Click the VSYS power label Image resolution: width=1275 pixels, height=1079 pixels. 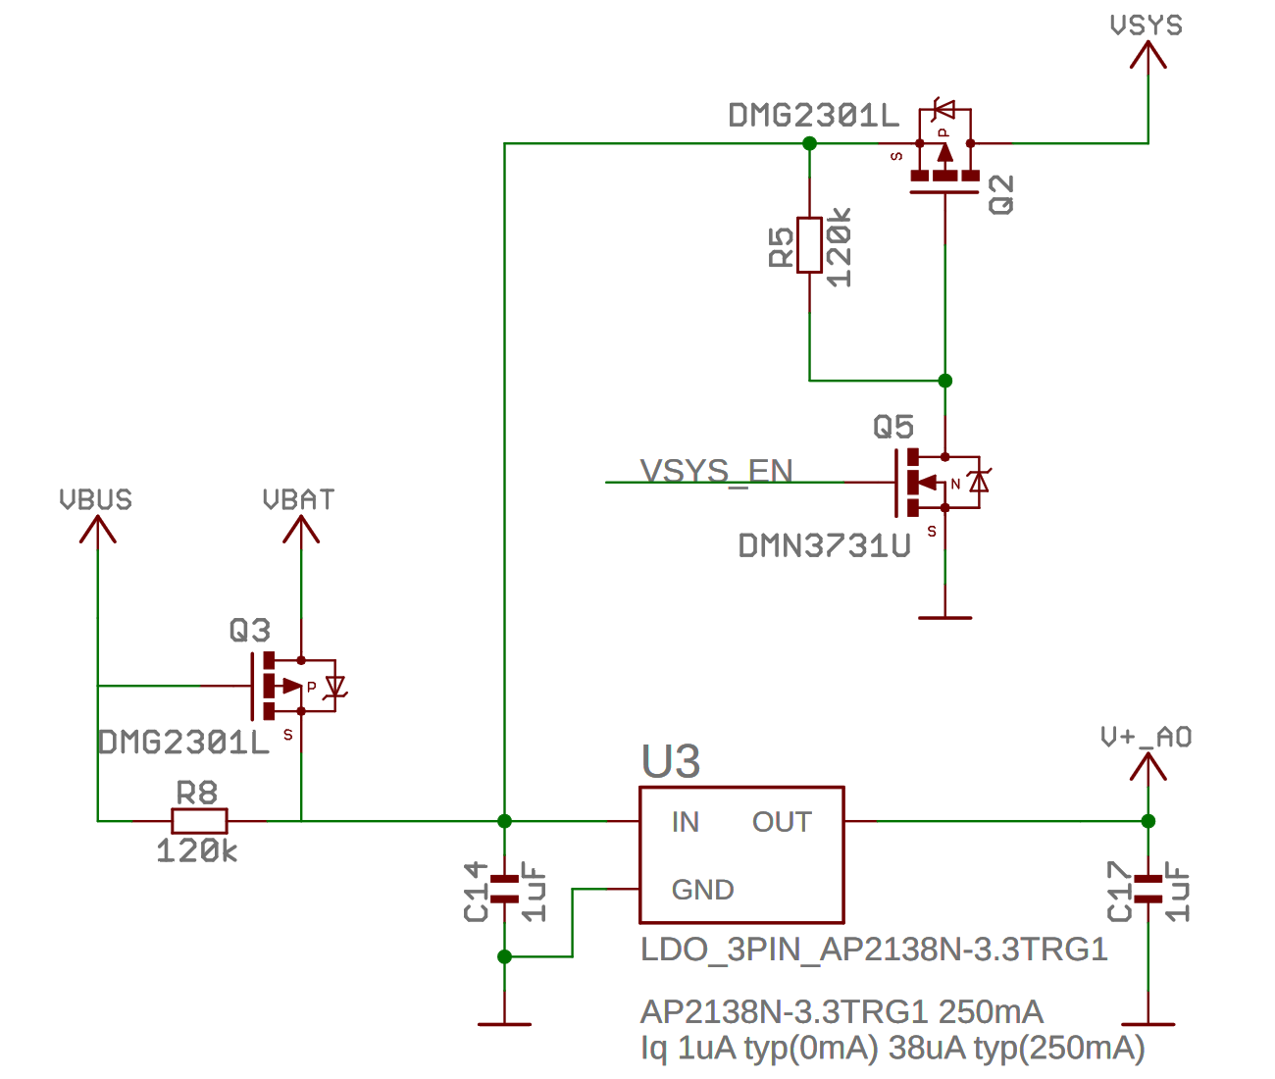[1146, 26]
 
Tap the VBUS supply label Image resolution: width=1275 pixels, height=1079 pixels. [95, 500]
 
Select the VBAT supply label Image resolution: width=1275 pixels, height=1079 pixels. [299, 500]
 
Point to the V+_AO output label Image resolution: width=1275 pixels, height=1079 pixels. [1146, 738]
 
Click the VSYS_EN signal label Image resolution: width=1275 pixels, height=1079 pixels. [716, 471]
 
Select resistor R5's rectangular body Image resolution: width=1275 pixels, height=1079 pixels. [809, 244]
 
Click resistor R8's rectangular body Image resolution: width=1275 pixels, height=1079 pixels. [199, 821]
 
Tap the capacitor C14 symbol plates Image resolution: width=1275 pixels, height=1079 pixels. [504, 889]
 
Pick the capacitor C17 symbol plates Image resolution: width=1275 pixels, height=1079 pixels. [1147, 889]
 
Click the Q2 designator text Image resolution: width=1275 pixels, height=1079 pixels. [1001, 194]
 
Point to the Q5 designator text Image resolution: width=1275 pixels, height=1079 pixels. [892, 427]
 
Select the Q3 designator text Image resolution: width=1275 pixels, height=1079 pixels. [249, 630]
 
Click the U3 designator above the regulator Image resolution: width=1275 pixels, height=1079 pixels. [671, 762]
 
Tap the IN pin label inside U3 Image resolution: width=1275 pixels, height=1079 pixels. [685, 822]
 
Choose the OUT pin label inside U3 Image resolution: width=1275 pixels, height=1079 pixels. [782, 822]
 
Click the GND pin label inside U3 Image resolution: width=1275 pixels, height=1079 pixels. [702, 890]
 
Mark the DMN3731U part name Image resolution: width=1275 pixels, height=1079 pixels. [824, 546]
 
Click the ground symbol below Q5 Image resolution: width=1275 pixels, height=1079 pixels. [944, 617]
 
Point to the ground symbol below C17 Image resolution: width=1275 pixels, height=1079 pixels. [1147, 1024]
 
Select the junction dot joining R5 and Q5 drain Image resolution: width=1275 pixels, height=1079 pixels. [944, 381]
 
